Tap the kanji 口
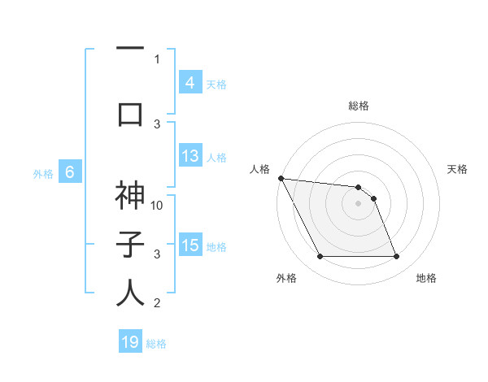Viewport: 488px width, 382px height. click(130, 113)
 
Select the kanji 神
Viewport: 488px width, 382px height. click(130, 197)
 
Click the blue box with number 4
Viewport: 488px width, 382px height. click(190, 82)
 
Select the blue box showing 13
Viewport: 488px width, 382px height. click(190, 157)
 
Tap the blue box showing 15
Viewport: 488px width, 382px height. click(190, 245)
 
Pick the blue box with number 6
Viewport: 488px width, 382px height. click(70, 171)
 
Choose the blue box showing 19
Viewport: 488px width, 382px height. click(130, 342)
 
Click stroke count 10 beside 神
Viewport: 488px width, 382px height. click(158, 205)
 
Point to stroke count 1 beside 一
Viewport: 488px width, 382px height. click(157, 59)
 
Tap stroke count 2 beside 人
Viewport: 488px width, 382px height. click(157, 303)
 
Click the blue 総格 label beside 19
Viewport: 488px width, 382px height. click(156, 344)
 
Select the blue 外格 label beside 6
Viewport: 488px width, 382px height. click(42, 173)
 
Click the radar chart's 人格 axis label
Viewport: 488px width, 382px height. click(259, 169)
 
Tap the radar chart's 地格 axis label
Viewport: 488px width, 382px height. click(426, 278)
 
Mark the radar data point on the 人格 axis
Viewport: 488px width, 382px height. click(281, 178)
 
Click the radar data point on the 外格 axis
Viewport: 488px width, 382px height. click(320, 257)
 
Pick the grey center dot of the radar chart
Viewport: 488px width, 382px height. click(358, 203)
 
